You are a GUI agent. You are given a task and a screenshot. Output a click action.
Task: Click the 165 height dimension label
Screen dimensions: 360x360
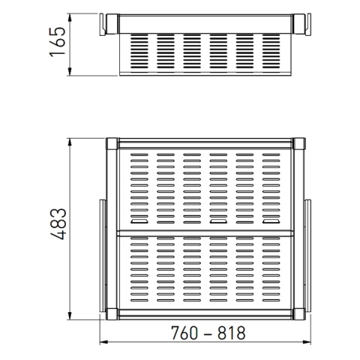click(58, 42)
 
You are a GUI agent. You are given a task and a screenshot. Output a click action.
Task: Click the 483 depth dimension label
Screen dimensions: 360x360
click(58, 223)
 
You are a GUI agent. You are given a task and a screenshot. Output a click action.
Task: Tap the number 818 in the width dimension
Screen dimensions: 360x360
click(231, 333)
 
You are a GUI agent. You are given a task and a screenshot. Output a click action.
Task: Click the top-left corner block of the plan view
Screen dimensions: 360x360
click(112, 143)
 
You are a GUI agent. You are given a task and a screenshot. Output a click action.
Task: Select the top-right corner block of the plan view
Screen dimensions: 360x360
click(299, 143)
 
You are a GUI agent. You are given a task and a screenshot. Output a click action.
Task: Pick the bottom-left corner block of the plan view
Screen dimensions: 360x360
click(112, 314)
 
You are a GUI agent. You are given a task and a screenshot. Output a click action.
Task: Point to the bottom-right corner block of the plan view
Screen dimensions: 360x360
click(299, 314)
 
